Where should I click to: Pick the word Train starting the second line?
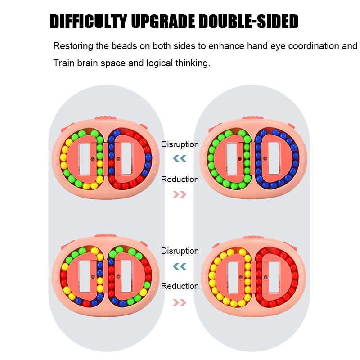pos(63,63)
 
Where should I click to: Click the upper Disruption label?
pos(180,144)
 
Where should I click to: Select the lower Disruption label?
pos(180,251)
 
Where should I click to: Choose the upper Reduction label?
pos(180,180)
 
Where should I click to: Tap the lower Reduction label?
pos(180,286)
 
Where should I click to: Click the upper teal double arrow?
pos(180,158)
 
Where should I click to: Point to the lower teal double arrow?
pos(180,266)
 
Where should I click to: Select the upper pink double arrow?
pos(180,194)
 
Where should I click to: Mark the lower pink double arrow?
pos(180,300)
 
